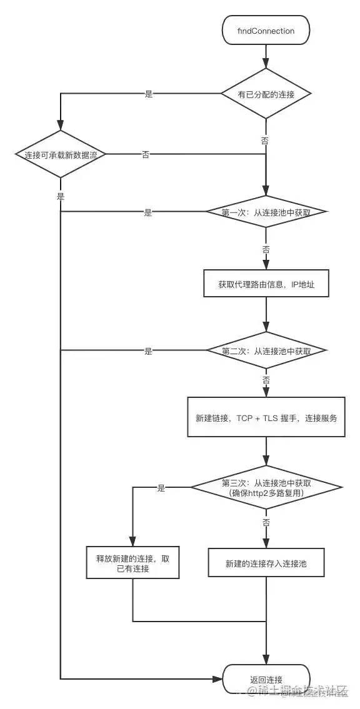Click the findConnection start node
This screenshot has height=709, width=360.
click(x=266, y=31)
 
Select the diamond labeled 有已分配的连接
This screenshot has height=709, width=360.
click(x=266, y=94)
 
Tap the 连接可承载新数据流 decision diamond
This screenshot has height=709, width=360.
click(x=61, y=154)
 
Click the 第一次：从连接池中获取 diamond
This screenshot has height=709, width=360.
click(x=266, y=212)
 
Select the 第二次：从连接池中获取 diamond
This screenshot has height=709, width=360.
click(x=266, y=351)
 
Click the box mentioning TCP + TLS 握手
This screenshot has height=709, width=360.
click(x=266, y=417)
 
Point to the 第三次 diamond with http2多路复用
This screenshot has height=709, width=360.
click(x=266, y=487)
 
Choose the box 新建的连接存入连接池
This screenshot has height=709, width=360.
click(x=266, y=563)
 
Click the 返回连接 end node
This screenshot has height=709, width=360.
click(x=266, y=679)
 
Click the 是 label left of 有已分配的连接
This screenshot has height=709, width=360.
click(x=149, y=94)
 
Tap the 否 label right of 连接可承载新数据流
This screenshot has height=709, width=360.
click(x=146, y=154)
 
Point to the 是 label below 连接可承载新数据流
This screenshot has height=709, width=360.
click(x=61, y=196)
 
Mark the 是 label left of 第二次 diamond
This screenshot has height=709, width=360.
click(x=148, y=351)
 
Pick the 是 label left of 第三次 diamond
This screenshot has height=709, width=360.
click(x=161, y=488)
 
